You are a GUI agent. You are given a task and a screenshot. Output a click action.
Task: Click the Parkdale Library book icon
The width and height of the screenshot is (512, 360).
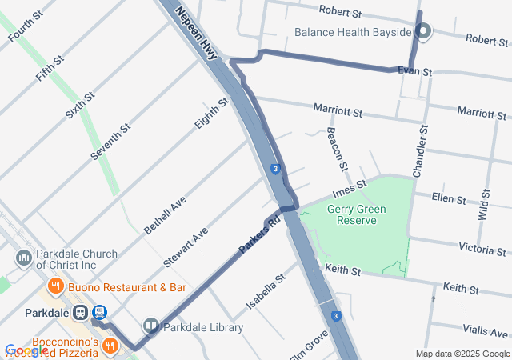click(x=151, y=326)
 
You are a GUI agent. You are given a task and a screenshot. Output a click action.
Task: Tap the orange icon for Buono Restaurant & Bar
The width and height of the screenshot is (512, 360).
click(x=55, y=286)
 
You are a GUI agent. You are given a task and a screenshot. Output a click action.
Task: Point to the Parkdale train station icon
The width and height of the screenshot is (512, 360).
click(x=80, y=312)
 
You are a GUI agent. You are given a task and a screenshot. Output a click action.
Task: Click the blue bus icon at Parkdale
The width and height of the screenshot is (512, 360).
click(x=99, y=312)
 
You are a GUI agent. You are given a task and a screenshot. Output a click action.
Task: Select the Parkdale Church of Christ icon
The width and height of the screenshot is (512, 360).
click(x=23, y=258)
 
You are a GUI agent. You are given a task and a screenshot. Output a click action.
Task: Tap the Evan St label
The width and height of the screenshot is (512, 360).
click(x=415, y=72)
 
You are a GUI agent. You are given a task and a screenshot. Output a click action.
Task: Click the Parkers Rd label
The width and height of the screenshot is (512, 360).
click(x=259, y=234)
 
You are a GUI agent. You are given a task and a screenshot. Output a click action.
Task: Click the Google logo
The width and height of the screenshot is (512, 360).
click(x=26, y=350)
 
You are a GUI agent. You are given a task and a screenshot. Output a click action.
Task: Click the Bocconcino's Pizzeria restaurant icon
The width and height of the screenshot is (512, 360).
click(x=110, y=344)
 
